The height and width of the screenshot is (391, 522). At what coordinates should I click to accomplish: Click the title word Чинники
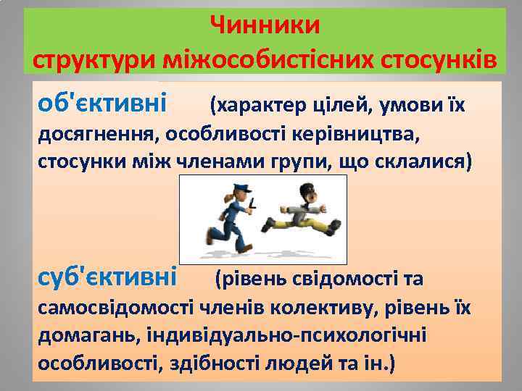coord(265,26)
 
